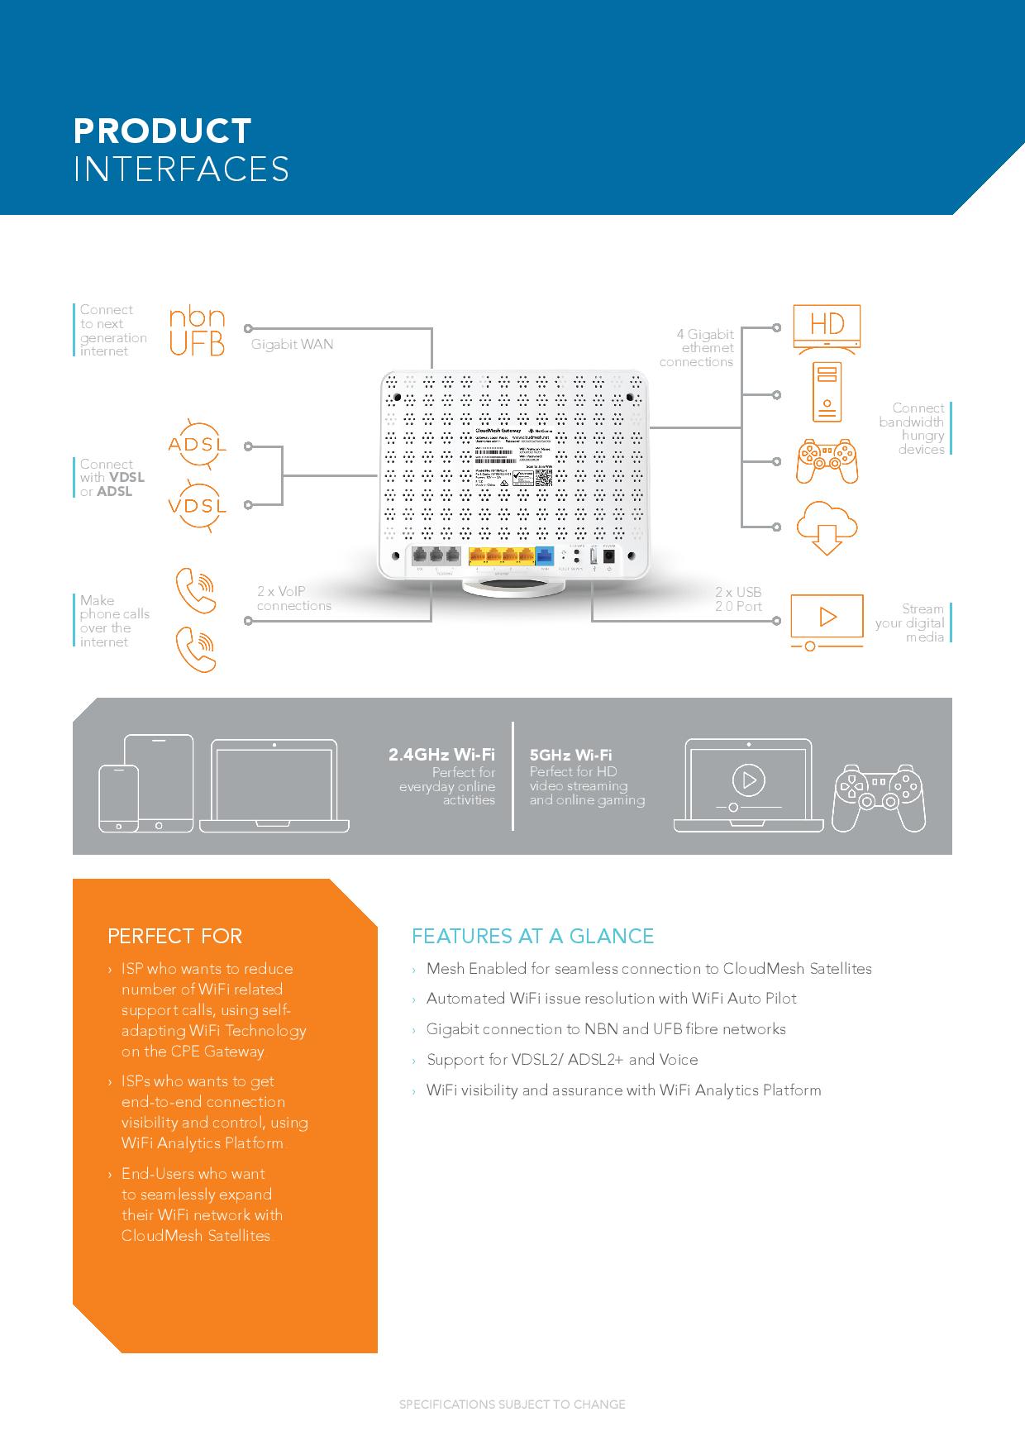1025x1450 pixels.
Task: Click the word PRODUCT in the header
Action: pyautogui.click(x=162, y=131)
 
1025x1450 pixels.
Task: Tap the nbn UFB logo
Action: pyautogui.click(x=197, y=331)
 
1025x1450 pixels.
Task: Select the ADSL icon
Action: pyautogui.click(x=197, y=445)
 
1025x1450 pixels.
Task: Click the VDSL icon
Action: pyautogui.click(x=197, y=504)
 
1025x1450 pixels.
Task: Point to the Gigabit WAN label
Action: pyautogui.click(x=292, y=345)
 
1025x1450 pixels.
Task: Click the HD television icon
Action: pyautogui.click(x=826, y=327)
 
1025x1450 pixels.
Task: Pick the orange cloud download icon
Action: pyautogui.click(x=826, y=527)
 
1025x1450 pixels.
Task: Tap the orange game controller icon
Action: pyautogui.click(x=826, y=461)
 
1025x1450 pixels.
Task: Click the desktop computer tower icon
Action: pyautogui.click(x=826, y=390)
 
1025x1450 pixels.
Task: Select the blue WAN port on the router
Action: pyautogui.click(x=544, y=558)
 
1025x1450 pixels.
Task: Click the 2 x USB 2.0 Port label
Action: pyautogui.click(x=737, y=599)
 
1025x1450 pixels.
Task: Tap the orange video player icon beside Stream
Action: pyautogui.click(x=826, y=620)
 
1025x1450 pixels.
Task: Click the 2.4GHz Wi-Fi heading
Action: pyautogui.click(x=441, y=755)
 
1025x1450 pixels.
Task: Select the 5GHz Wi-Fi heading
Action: pyautogui.click(x=570, y=755)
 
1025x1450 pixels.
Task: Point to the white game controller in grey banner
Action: pyautogui.click(x=878, y=798)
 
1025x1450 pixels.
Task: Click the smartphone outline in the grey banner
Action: pyautogui.click(x=118, y=798)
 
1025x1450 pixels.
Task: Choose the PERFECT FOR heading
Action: pyautogui.click(x=174, y=936)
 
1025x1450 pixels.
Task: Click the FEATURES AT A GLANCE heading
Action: pyautogui.click(x=532, y=936)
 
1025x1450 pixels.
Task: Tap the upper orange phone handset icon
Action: pyautogui.click(x=197, y=589)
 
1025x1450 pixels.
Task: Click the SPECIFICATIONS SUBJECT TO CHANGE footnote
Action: pyautogui.click(x=512, y=1405)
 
